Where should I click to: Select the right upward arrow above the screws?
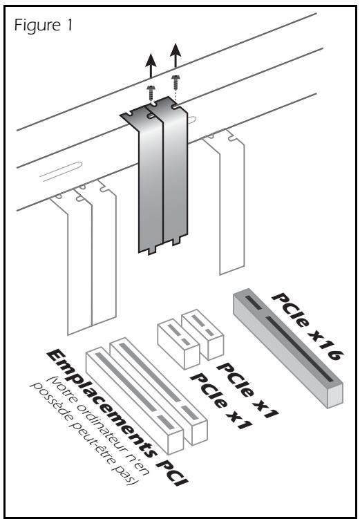176,58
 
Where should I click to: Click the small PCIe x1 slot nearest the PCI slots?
171,341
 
